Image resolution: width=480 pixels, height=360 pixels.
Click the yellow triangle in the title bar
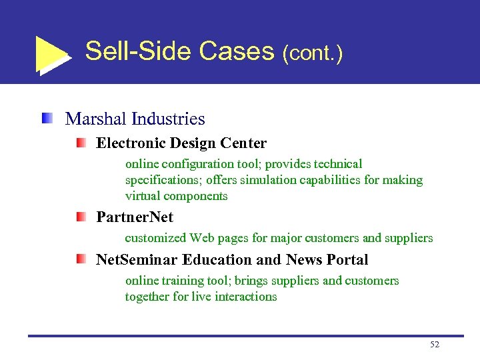point(49,53)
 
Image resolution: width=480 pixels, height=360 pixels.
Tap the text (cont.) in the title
point(313,53)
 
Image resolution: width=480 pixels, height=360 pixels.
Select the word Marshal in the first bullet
point(96,119)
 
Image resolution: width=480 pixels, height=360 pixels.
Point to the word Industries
point(169,119)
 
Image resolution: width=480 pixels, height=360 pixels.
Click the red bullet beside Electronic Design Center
point(80,143)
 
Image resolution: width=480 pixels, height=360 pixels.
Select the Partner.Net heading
point(135,217)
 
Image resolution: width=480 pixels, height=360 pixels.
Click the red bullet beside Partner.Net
point(80,217)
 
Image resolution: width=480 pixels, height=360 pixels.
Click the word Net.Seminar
point(137,260)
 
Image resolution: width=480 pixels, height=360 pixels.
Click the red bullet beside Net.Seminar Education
point(80,259)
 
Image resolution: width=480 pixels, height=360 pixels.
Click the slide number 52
point(435,345)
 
